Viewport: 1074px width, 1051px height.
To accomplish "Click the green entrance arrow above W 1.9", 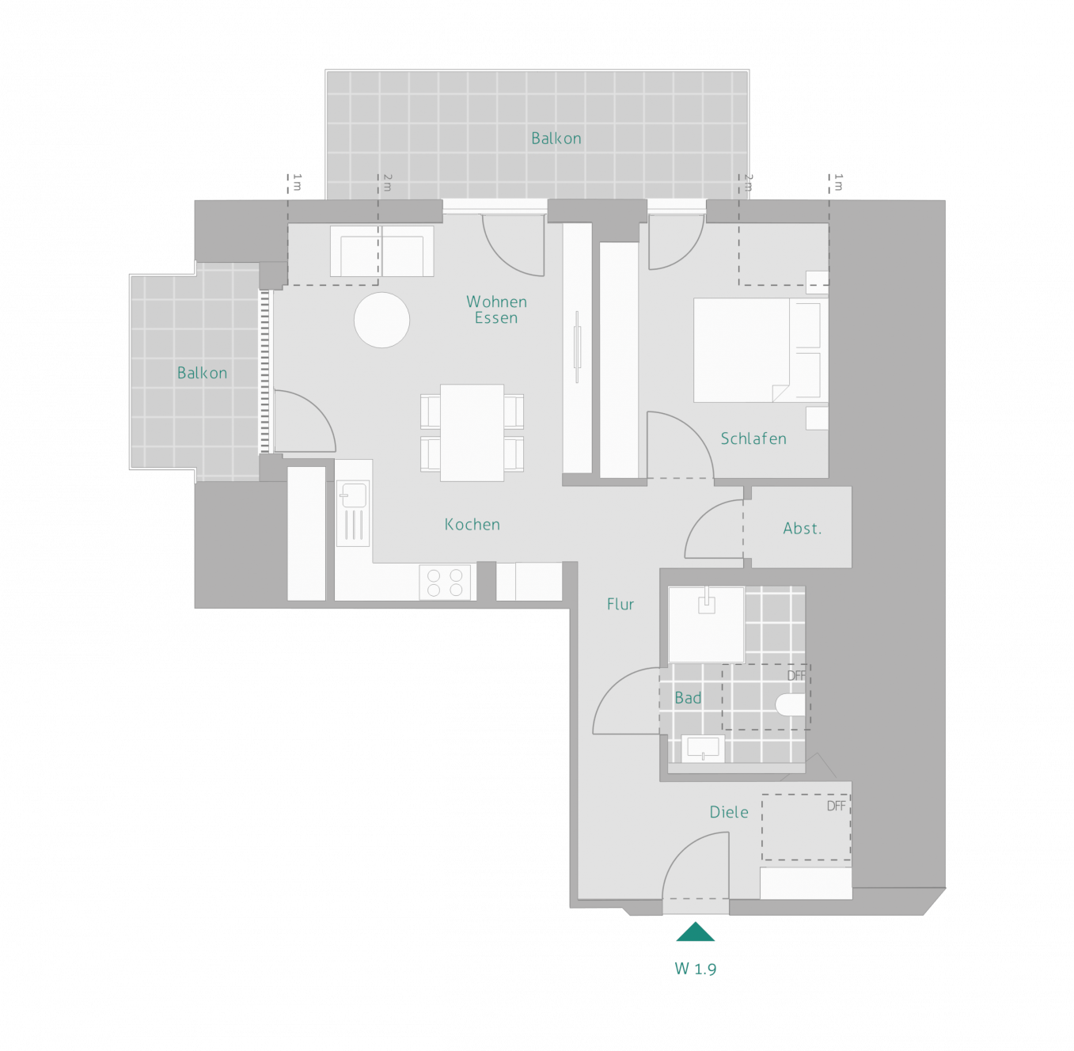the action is (696, 932).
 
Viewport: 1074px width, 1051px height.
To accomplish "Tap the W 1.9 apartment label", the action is (696, 969).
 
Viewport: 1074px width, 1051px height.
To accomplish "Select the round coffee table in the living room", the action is (382, 321).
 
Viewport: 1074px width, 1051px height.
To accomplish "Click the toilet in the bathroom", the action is (791, 705).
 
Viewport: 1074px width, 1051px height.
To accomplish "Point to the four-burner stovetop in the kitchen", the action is (445, 582).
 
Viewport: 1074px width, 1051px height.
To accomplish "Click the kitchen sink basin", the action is (353, 495).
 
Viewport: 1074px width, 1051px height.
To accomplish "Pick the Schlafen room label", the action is (753, 438).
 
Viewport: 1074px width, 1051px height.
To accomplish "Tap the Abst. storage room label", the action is (802, 528).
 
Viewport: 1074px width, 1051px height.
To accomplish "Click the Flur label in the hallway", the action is (620, 604).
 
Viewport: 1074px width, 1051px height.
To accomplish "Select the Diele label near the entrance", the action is (729, 812).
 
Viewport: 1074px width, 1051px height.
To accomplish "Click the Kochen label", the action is (472, 525).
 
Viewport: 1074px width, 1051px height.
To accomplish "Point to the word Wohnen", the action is (497, 302).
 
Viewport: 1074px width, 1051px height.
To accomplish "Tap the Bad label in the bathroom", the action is (689, 698).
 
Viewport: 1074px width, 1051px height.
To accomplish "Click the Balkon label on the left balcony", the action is (202, 373).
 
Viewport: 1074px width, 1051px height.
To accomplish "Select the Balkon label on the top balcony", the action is (556, 138).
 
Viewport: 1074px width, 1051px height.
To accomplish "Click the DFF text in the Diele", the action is (836, 806).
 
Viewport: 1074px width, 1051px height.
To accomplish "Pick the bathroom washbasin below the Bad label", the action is (703, 749).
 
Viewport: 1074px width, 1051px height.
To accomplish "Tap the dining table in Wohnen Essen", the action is (472, 433).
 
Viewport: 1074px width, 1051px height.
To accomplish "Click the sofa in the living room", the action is (382, 251).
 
